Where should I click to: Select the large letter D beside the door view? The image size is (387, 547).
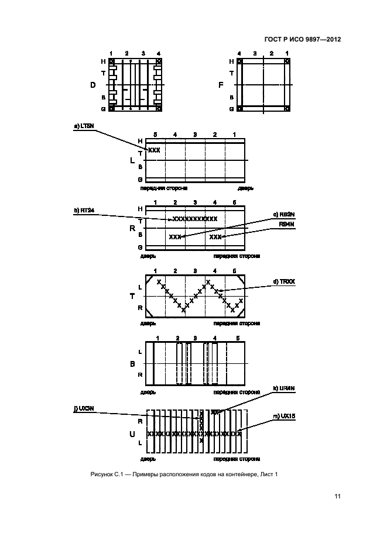coord(93,85)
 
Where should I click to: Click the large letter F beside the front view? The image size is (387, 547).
coord(221,85)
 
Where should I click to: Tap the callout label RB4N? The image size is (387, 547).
coord(287,223)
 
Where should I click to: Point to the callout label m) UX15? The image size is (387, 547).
coord(286,415)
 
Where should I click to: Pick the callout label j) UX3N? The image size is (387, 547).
coord(84,409)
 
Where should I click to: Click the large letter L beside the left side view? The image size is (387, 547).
coord(132,160)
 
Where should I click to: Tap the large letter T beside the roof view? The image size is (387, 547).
coord(132,296)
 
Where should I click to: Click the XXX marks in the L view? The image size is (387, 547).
coord(153,150)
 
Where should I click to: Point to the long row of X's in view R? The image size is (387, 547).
coord(195,219)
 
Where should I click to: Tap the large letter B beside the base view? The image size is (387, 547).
coord(132,363)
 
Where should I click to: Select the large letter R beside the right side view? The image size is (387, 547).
coord(132,228)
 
